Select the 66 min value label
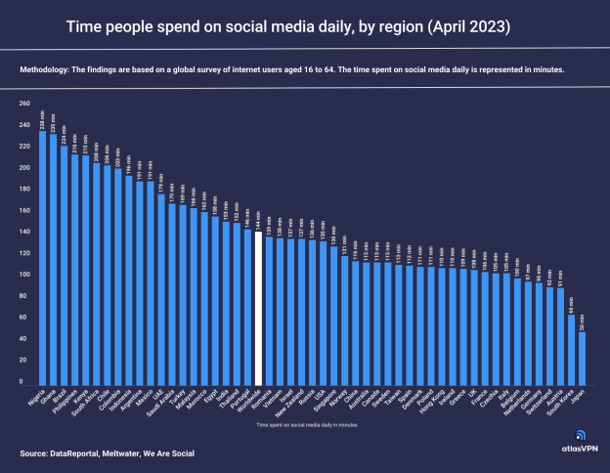pos(571,304)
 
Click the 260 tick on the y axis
pos(24,103)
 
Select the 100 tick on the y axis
pos(24,275)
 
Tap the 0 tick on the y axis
pos(27,382)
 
